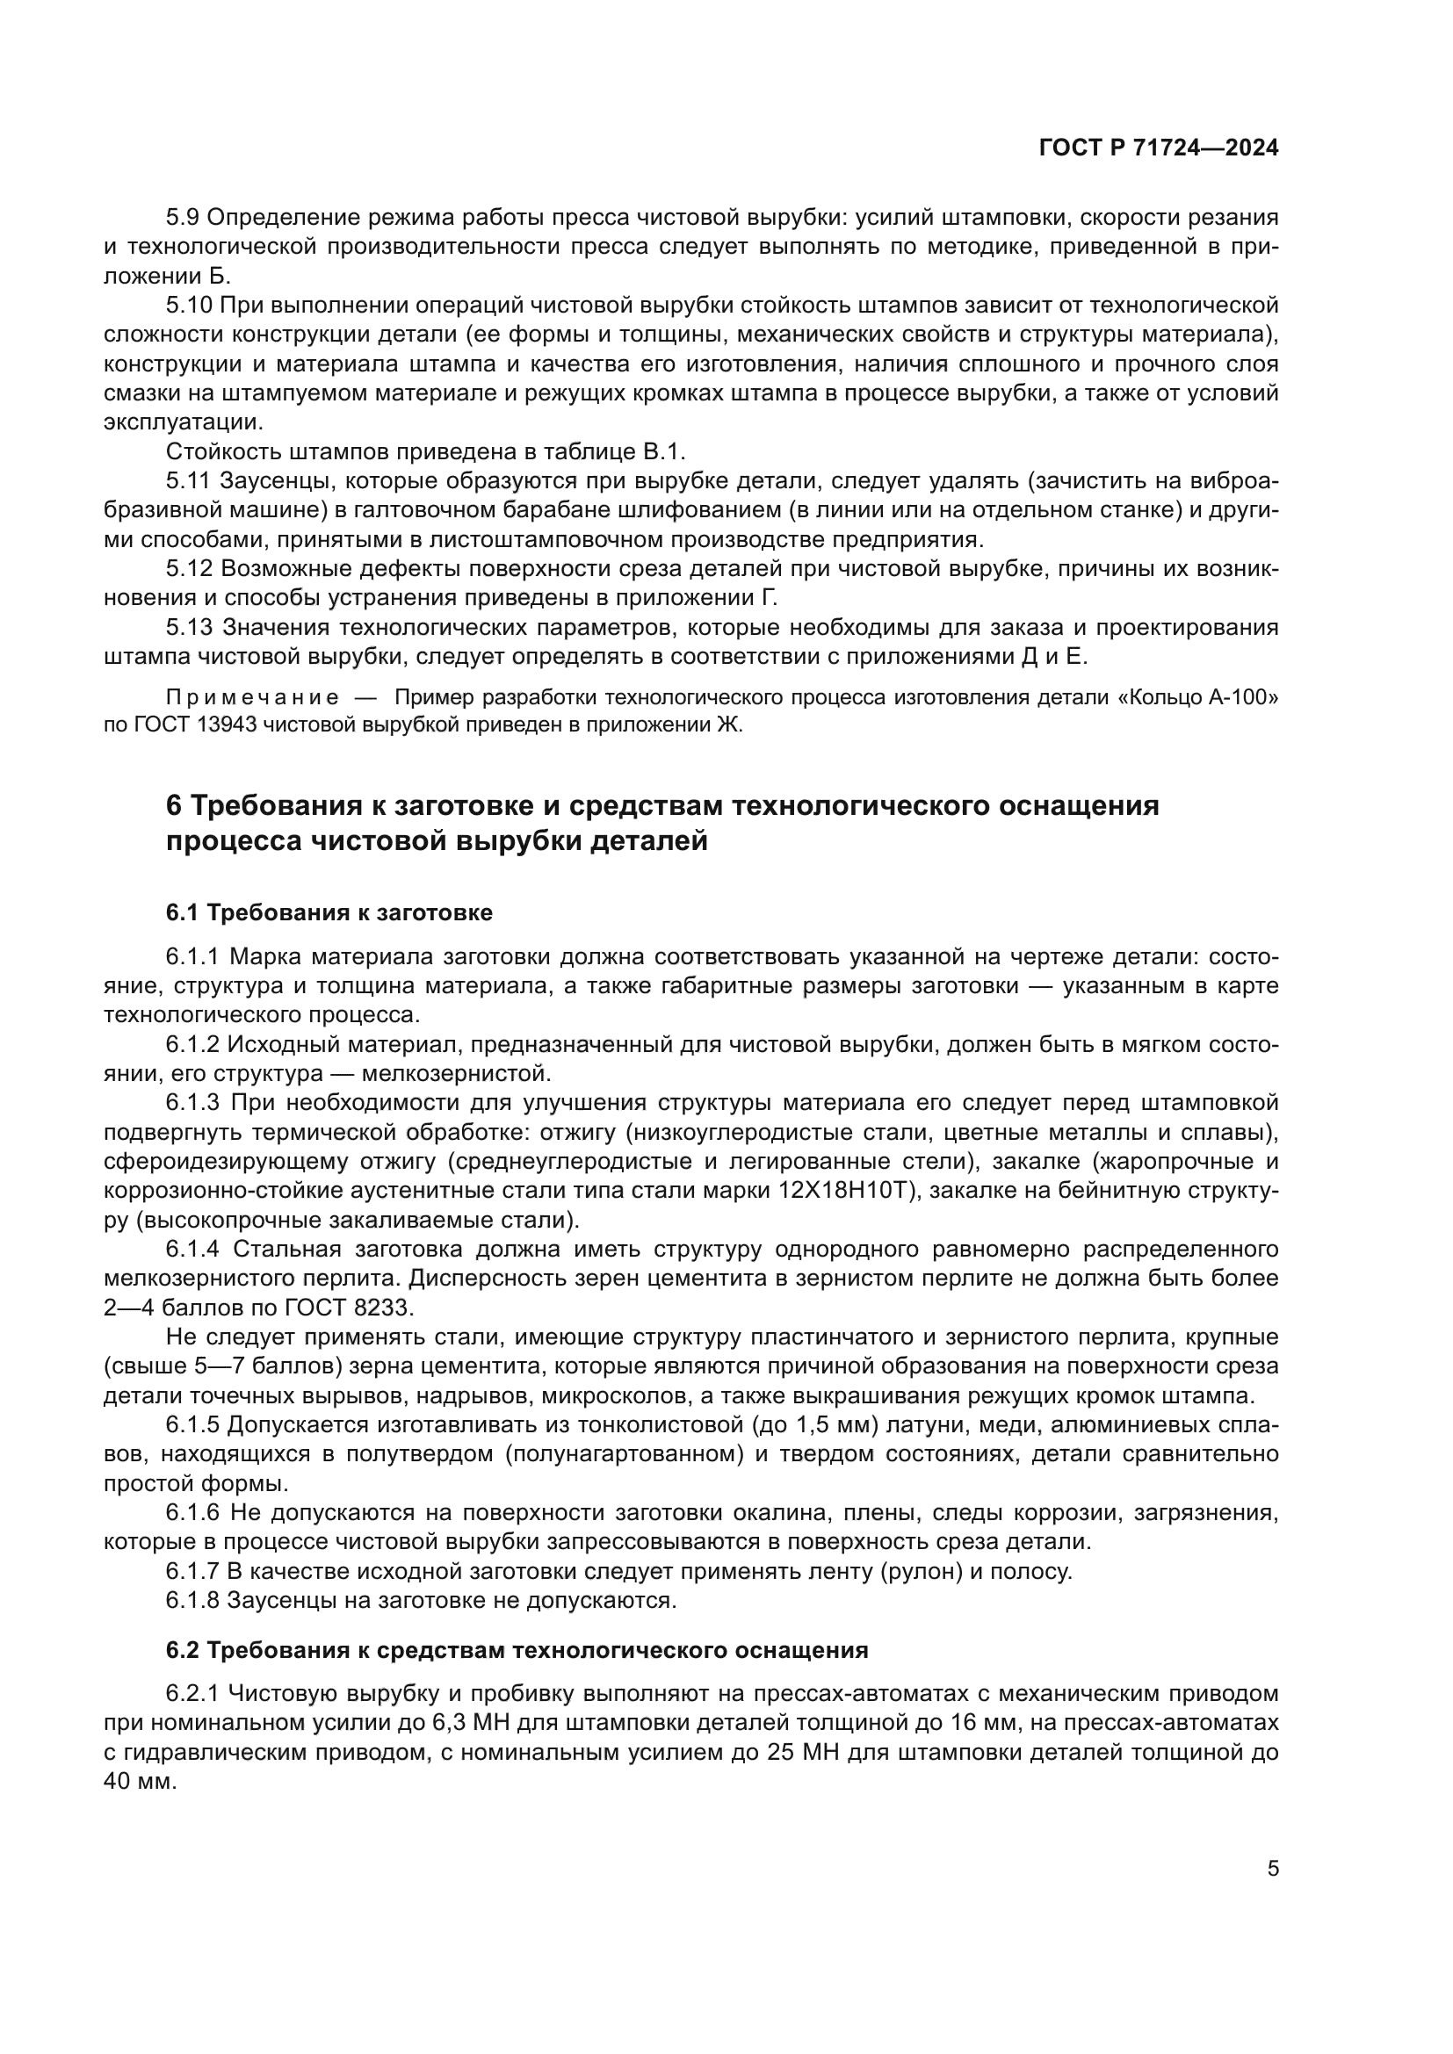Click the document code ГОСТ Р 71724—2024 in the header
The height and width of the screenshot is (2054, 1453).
[x=1159, y=148]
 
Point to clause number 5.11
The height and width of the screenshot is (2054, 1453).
[x=189, y=480]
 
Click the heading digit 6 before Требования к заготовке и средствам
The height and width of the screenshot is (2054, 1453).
[x=174, y=805]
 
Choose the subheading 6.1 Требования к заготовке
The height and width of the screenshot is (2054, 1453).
[x=329, y=912]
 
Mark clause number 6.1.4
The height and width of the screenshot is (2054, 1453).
[x=193, y=1249]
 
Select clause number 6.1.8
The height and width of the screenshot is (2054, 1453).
[x=193, y=1599]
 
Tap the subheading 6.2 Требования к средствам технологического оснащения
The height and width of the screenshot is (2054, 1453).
[x=517, y=1651]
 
